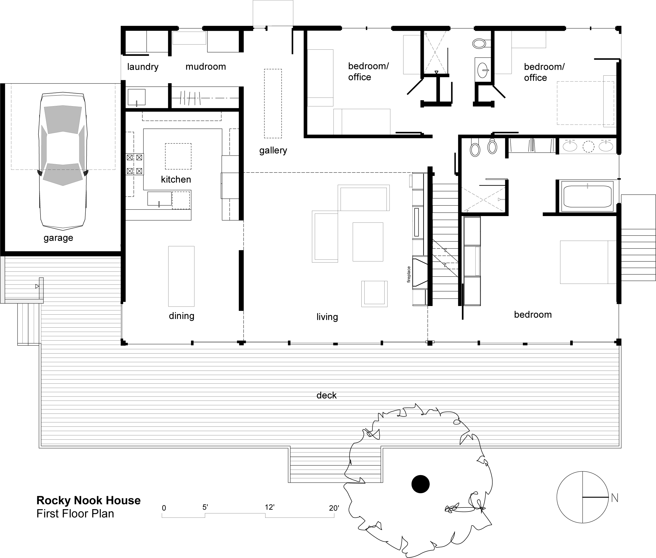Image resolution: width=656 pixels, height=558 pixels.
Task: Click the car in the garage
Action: (63, 161)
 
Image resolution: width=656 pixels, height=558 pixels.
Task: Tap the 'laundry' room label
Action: (143, 67)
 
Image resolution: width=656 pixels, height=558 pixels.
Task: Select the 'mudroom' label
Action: (206, 66)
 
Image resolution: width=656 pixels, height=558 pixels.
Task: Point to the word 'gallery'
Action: (273, 150)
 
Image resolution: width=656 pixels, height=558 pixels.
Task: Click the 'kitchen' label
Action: (176, 179)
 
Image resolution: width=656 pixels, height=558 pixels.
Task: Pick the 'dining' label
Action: (181, 316)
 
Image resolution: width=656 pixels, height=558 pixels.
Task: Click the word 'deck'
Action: (327, 395)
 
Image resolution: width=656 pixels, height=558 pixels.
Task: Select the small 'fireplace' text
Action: (409, 274)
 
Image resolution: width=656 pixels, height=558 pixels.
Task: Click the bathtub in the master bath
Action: (587, 196)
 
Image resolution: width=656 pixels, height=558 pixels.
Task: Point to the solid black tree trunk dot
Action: (420, 484)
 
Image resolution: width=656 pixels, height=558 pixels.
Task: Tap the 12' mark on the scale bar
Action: (270, 507)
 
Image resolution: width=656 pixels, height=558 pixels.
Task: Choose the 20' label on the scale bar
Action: (334, 508)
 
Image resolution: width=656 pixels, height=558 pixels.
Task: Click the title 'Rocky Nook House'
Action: (89, 500)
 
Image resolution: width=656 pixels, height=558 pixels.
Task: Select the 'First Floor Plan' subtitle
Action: (75, 514)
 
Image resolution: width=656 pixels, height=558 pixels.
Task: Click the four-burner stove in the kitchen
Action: (134, 164)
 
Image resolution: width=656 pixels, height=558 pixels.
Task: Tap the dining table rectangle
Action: (181, 276)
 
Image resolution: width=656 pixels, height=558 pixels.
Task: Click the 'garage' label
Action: (58, 238)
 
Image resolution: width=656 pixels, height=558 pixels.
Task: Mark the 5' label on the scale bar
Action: (205, 507)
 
